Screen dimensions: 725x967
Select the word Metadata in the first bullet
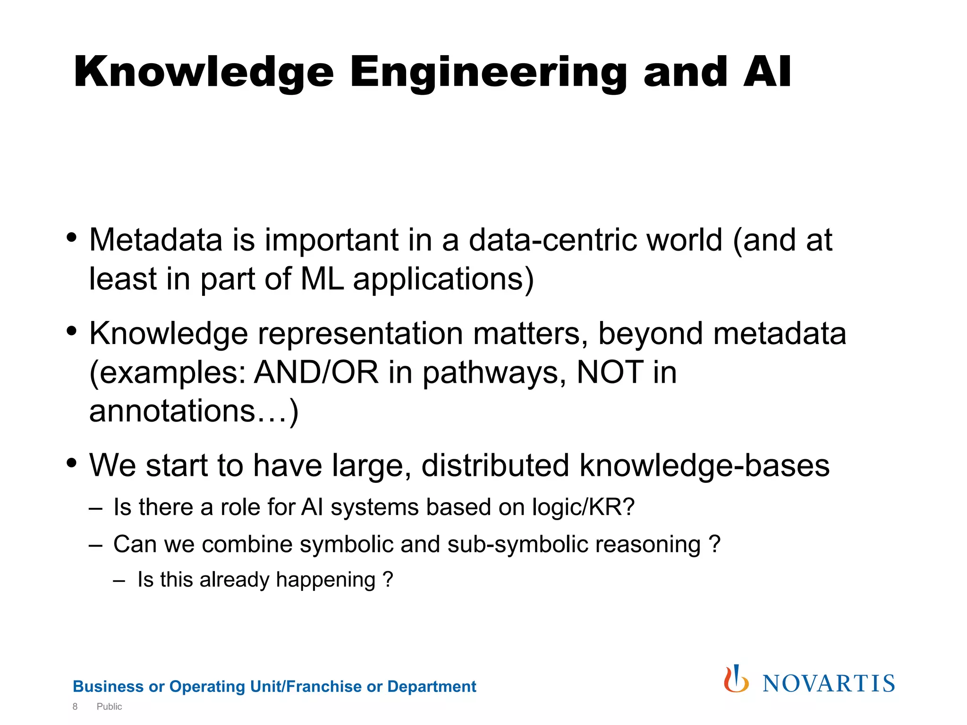point(156,240)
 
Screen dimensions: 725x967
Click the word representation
point(360,334)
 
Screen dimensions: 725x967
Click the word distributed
point(495,465)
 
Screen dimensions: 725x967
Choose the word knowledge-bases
point(704,465)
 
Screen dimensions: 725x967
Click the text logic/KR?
point(583,507)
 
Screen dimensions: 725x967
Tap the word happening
point(325,580)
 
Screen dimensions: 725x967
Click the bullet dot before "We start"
point(72,463)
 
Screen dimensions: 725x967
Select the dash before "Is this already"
point(119,580)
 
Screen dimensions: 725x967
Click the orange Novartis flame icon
point(736,679)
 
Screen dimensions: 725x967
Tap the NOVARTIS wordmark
point(829,683)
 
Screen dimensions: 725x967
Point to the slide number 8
point(75,707)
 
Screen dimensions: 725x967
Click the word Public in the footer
point(109,707)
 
